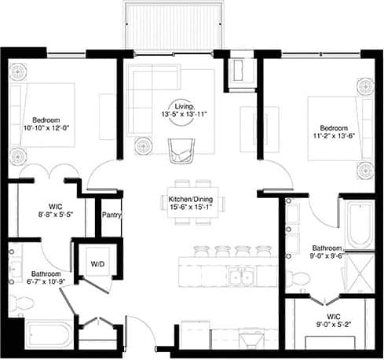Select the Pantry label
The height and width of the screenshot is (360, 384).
pyautogui.click(x=111, y=211)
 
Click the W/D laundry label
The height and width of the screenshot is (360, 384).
pyautogui.click(x=98, y=263)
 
